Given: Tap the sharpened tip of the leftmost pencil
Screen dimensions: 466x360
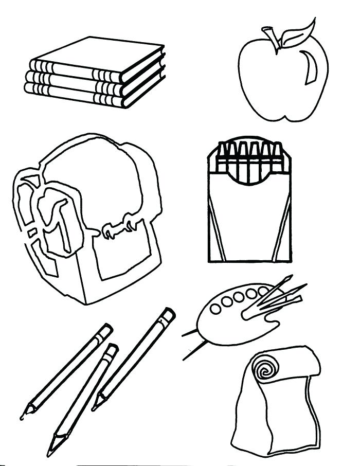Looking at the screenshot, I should [23, 414].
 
